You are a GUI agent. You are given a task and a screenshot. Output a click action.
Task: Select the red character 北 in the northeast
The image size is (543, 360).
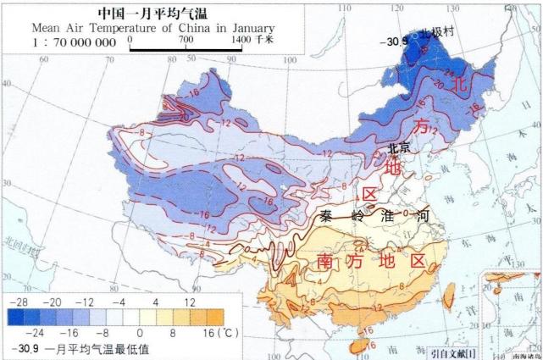[459, 85]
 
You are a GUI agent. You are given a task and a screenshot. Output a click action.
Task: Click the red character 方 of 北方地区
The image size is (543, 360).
[421, 126]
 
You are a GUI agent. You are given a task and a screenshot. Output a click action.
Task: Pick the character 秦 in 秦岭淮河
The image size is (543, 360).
[327, 216]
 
